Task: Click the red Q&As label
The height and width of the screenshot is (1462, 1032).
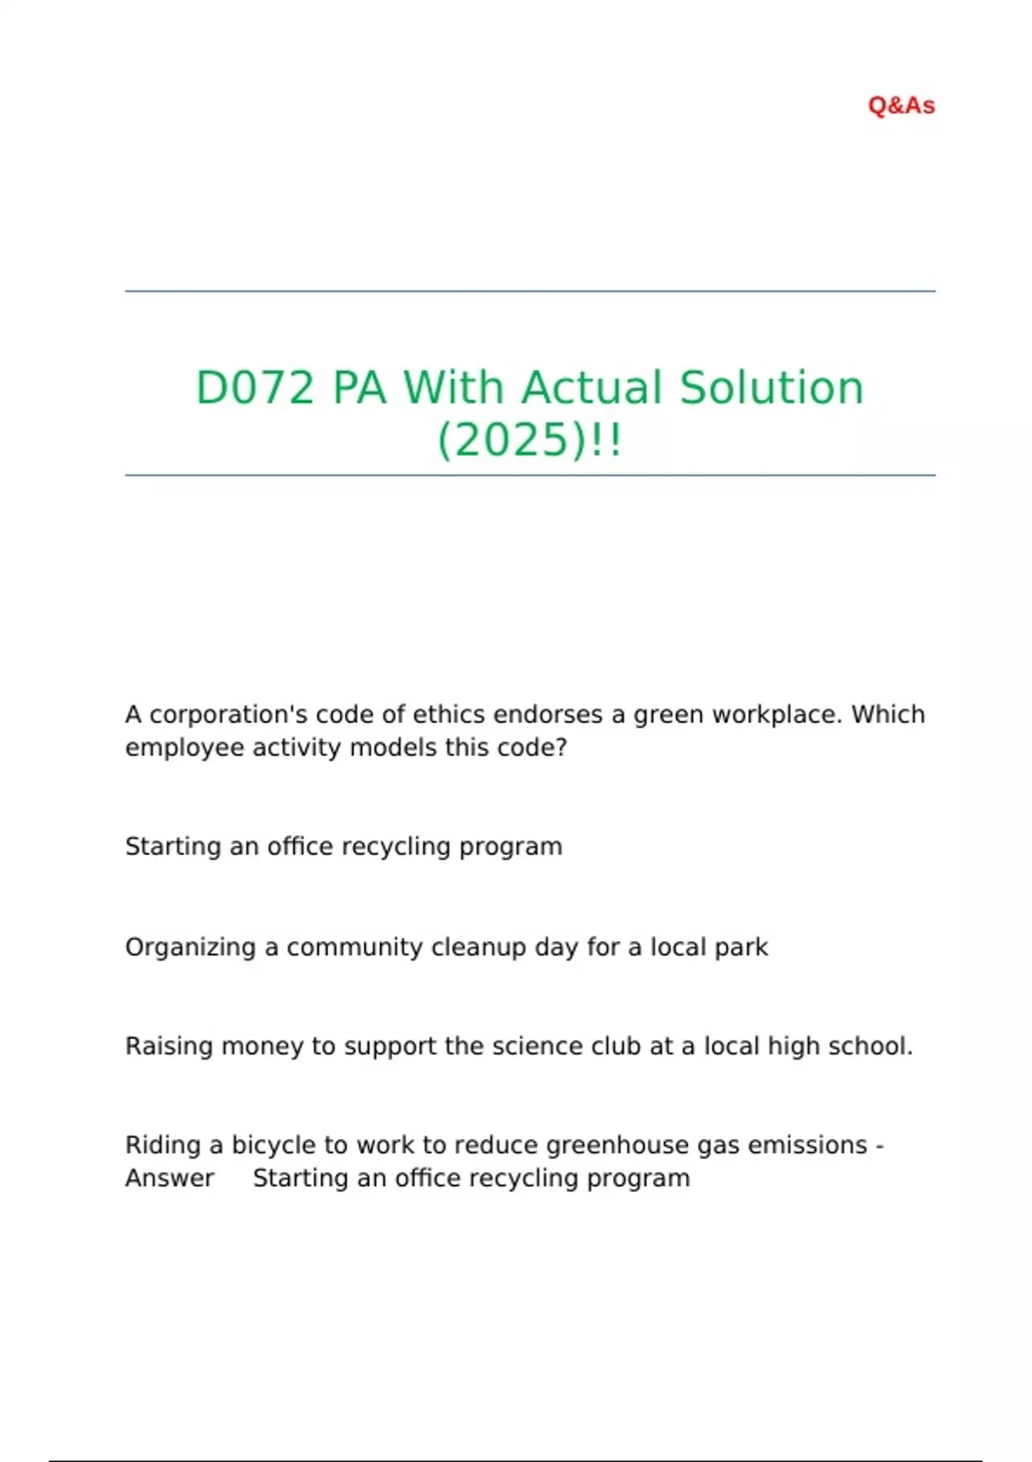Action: pos(901,106)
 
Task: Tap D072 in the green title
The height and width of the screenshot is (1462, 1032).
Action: pos(255,388)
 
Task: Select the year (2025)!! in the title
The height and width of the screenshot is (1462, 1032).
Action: pos(530,440)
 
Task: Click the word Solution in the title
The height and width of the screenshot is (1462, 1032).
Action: pos(771,388)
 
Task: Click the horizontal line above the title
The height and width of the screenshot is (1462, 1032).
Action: pos(530,292)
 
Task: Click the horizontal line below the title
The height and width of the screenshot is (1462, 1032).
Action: pos(530,475)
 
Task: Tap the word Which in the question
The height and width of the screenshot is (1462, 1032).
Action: pos(888,715)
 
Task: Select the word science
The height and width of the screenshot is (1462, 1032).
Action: pos(525,1047)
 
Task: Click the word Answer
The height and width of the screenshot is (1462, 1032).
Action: pos(169,1178)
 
